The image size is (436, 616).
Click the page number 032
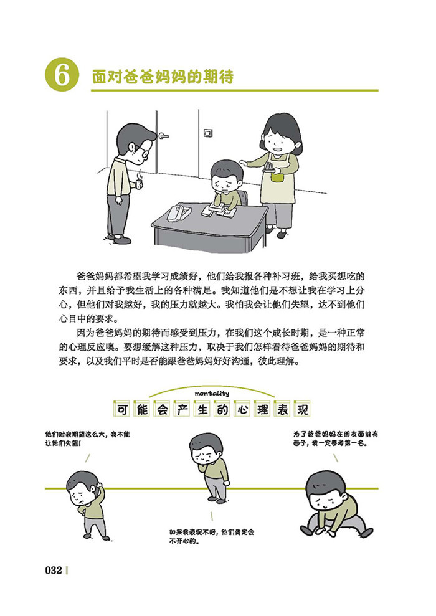point(54,570)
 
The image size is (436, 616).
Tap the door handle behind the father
point(163,136)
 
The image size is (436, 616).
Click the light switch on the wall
point(208,133)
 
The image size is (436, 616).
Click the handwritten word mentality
point(212,393)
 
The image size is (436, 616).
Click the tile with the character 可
point(123,410)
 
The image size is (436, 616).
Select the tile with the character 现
point(303,410)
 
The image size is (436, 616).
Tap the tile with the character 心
point(242,410)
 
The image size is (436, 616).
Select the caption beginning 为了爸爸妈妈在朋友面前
point(336,439)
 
